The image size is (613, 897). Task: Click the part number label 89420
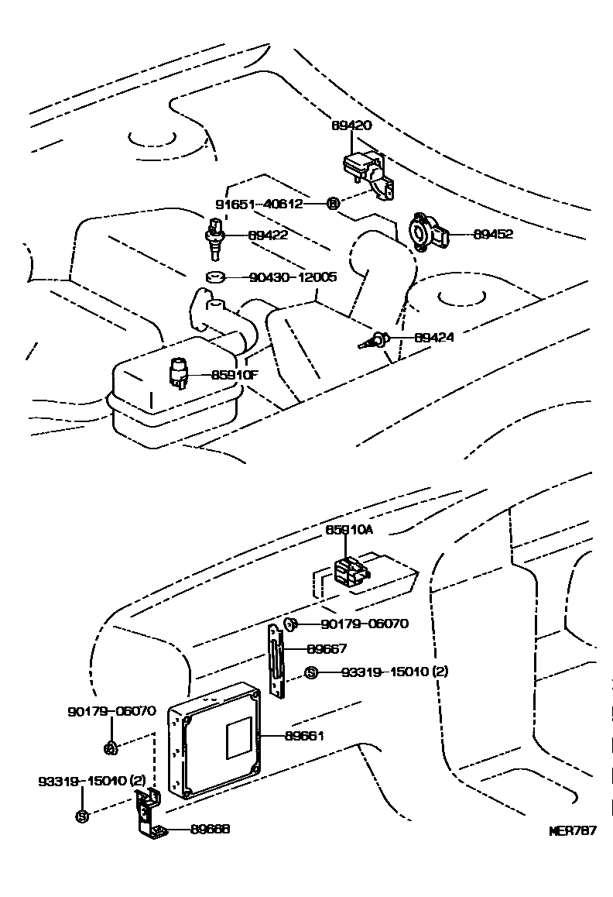(351, 125)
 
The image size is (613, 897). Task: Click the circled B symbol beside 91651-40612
(332, 204)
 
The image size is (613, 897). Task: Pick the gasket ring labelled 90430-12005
(214, 277)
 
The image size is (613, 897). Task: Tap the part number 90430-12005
(293, 277)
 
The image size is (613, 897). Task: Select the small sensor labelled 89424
(375, 340)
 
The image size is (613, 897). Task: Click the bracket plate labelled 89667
(276, 658)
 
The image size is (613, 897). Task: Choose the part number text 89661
(304, 735)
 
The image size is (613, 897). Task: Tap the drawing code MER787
(572, 831)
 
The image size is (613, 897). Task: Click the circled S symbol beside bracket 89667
(311, 672)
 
